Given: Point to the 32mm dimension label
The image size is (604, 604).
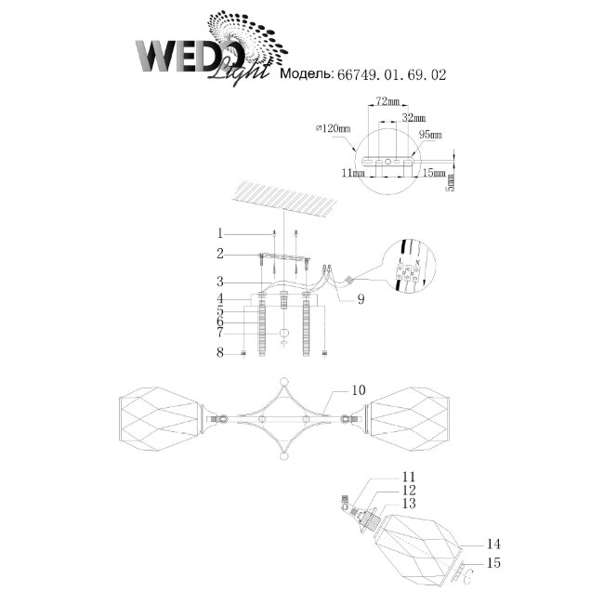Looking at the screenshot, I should [414, 119].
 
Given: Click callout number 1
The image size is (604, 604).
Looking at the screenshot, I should [220, 232].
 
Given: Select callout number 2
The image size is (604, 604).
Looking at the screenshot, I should [220, 253].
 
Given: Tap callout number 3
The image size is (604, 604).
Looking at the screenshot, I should [220, 281].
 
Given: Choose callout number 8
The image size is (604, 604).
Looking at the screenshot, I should [220, 352].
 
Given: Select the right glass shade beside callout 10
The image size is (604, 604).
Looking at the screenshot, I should [410, 415].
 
